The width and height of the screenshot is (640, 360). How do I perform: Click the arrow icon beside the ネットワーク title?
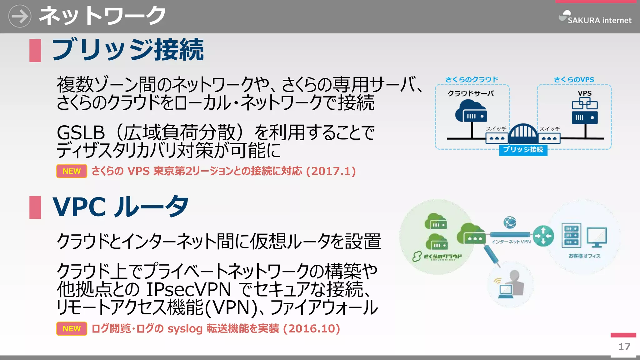(20, 16)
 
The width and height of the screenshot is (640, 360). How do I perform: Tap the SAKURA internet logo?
(595, 18)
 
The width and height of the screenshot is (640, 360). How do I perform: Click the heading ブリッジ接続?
(127, 50)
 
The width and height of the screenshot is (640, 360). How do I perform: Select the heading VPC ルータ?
(120, 207)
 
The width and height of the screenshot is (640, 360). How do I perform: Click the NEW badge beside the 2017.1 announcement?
(72, 171)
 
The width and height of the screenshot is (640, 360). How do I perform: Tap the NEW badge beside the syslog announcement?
(72, 329)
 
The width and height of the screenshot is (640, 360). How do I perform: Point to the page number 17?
(624, 347)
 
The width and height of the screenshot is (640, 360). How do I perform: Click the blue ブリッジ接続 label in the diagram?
(523, 150)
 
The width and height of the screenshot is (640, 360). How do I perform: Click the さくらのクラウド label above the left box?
(472, 80)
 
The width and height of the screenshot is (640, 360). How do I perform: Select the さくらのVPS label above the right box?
(574, 80)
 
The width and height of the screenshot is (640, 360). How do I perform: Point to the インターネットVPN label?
(511, 242)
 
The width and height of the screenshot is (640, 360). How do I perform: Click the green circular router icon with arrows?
(543, 236)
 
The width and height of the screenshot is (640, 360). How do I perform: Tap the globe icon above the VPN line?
(510, 222)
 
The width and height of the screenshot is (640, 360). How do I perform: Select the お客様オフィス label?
(584, 256)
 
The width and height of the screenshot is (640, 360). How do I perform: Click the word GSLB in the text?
(81, 133)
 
